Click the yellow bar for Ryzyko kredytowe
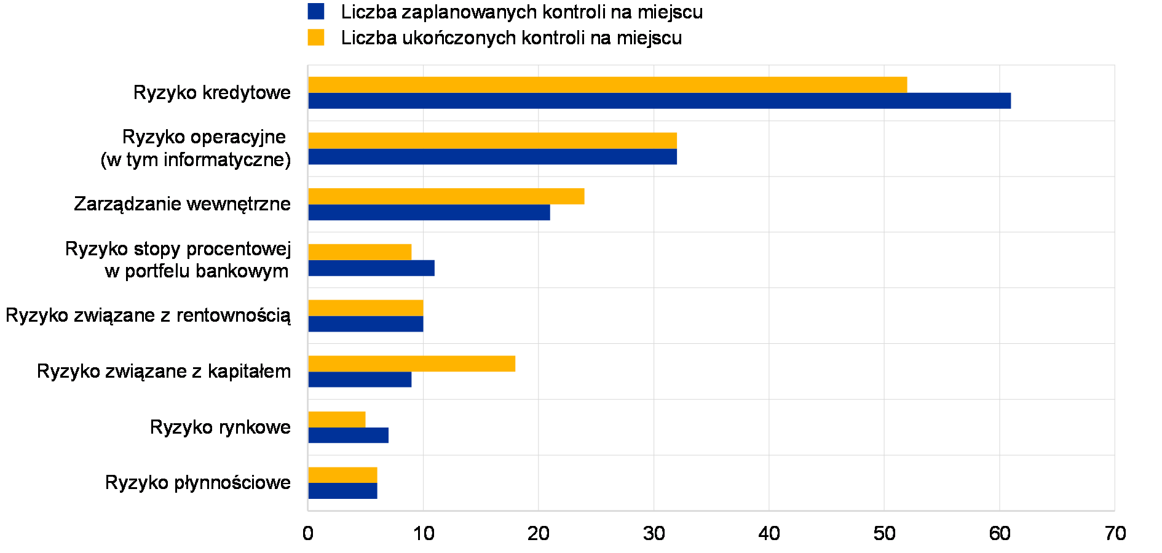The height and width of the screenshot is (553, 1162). pyautogui.click(x=607, y=85)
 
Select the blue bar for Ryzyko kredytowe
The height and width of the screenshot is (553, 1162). pyautogui.click(x=659, y=101)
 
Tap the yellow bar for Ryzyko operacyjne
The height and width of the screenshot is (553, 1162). pyautogui.click(x=492, y=141)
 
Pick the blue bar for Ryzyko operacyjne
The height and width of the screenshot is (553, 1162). pyautogui.click(x=492, y=157)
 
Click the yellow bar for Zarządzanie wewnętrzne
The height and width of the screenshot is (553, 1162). pyautogui.click(x=446, y=197)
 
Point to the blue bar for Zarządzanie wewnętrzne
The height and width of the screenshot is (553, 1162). pyautogui.click(x=429, y=213)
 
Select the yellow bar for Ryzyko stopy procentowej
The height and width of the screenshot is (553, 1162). pyautogui.click(x=360, y=252)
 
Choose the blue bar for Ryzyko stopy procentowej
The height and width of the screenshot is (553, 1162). pyautogui.click(x=371, y=268)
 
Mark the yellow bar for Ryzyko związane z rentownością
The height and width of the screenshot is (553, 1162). pyautogui.click(x=365, y=308)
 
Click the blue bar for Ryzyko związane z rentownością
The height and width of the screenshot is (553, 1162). pyautogui.click(x=365, y=324)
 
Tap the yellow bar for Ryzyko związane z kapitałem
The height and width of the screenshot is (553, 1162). pyautogui.click(x=411, y=364)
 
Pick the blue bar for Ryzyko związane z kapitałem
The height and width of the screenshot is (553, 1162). pyautogui.click(x=360, y=380)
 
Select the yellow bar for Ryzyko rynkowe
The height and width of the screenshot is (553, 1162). pyautogui.click(x=336, y=420)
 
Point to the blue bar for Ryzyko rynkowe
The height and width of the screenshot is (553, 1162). pyautogui.click(x=348, y=436)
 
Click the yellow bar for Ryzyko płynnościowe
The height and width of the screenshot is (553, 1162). pyautogui.click(x=342, y=475)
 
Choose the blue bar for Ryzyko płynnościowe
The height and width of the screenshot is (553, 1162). pyautogui.click(x=342, y=491)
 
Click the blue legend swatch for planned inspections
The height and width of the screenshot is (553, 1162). pyautogui.click(x=316, y=12)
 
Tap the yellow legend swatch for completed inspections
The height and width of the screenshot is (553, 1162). pyautogui.click(x=316, y=38)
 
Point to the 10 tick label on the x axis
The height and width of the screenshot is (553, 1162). pyautogui.click(x=424, y=533)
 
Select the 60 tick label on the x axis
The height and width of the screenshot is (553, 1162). pyautogui.click(x=1000, y=533)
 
